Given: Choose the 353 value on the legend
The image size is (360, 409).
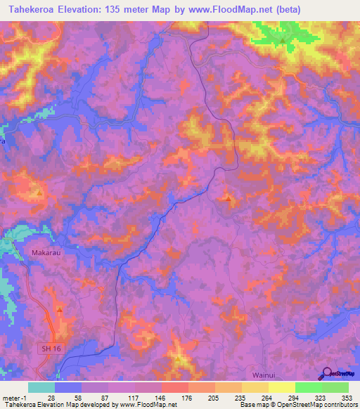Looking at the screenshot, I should pos(348,397).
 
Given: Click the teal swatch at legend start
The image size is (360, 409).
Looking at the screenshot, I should pos(41,387).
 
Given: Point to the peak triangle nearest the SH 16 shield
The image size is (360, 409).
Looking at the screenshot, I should pos(59,309).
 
